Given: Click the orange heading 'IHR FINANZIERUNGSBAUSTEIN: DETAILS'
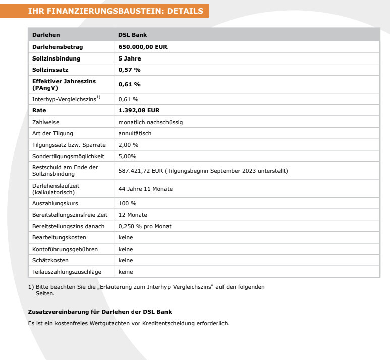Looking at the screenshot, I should tap(116, 11).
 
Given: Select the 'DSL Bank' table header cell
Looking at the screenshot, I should tap(132, 35).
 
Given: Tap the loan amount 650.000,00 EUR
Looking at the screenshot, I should tap(142, 47).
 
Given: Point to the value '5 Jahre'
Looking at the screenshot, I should tap(129, 58).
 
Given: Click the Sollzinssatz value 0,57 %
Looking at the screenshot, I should tap(129, 70).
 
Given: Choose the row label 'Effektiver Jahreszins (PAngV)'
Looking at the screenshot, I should tap(64, 84).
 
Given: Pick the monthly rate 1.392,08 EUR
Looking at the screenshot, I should tap(139, 110).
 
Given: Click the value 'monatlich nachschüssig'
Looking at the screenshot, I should tap(150, 122).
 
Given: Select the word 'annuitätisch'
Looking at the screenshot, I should tap(135, 133).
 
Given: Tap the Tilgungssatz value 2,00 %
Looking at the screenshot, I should tap(128, 145).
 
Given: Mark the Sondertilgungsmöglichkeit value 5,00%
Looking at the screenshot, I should tap(127, 156).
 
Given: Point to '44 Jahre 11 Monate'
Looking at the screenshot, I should tap(145, 189).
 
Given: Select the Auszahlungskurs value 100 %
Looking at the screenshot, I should tap(127, 203).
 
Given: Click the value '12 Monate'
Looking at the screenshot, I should tap(132, 215).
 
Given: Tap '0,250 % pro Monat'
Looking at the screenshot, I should tap(145, 226).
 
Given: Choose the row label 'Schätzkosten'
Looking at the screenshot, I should tap(50, 260).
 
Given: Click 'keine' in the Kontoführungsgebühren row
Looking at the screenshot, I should tap(126, 249).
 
